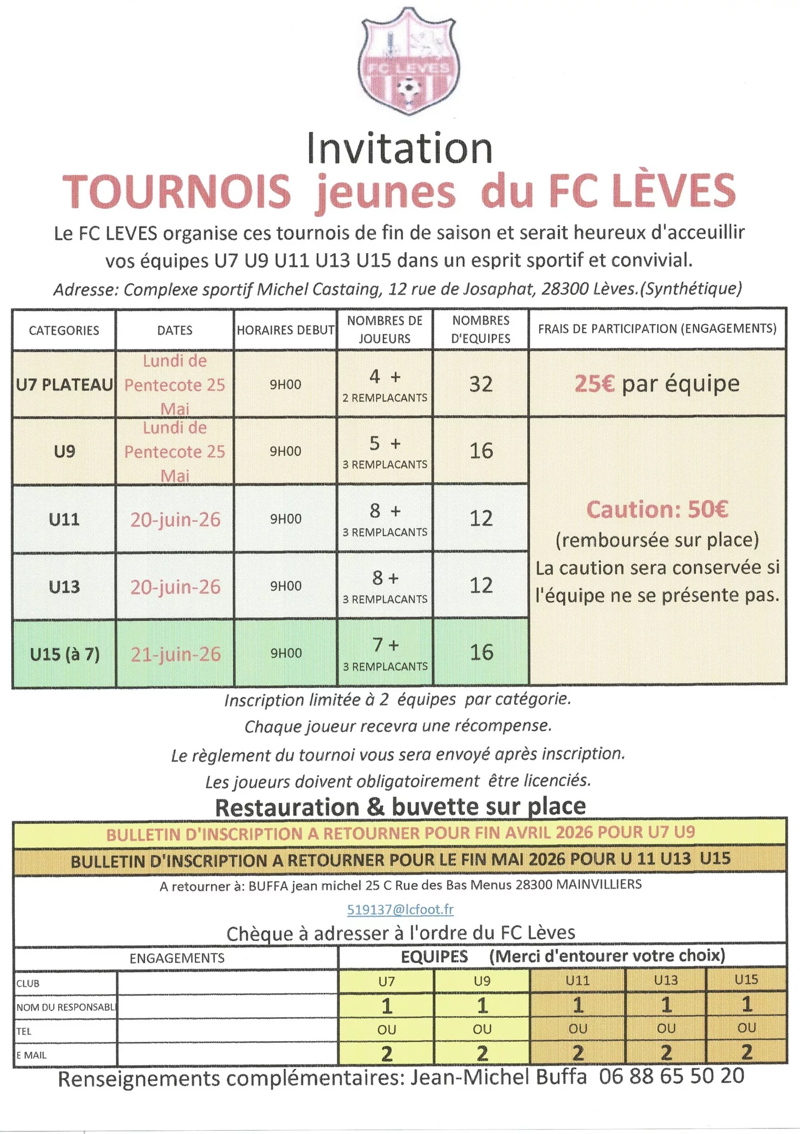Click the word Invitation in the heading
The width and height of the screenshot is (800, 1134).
coord(399,149)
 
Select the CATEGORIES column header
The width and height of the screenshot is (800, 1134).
coord(64,331)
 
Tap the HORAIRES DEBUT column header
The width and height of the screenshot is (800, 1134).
coord(285,331)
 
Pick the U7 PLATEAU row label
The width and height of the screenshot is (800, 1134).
coord(64,384)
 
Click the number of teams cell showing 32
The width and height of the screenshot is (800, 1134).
coord(480,384)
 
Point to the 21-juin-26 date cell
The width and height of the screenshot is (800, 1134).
coord(176,654)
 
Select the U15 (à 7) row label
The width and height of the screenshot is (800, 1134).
coord(65,654)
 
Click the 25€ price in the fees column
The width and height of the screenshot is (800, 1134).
coord(594,384)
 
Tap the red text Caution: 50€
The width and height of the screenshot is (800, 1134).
coord(657,509)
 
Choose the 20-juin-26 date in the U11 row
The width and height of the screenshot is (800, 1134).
coord(176,519)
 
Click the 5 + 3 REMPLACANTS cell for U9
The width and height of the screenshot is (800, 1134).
coord(385,452)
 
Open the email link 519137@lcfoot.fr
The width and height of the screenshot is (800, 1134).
coord(400,909)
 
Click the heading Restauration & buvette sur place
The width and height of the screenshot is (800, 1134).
coord(400,807)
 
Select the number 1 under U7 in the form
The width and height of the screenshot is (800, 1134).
coord(387,1006)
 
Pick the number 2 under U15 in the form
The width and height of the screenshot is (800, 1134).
coord(746,1052)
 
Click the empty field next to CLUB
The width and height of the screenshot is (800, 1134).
coord(227,983)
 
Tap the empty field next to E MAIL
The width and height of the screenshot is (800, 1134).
coord(227,1055)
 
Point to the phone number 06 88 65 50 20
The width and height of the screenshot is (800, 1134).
coord(671,1087)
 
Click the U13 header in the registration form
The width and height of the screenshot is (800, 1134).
coord(666,981)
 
